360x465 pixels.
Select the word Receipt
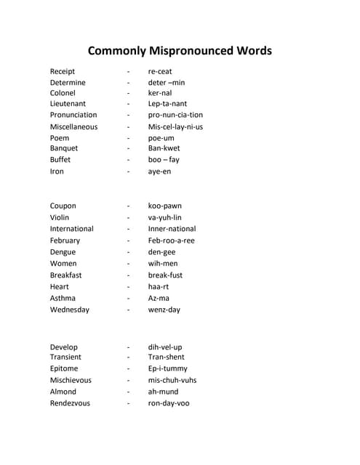(63, 71)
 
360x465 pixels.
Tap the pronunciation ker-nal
(160, 93)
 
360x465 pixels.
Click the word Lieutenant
(68, 104)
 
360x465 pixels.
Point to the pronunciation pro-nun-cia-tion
(175, 115)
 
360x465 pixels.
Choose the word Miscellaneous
(73, 126)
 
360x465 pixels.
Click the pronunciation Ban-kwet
(164, 148)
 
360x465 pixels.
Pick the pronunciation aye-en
(160, 171)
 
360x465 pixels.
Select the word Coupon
(63, 206)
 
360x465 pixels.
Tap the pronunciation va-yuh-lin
(165, 217)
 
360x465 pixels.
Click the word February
(65, 240)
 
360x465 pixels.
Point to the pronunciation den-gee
(162, 252)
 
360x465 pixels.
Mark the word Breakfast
(65, 275)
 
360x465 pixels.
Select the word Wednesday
(70, 310)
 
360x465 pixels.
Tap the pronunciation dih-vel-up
(165, 347)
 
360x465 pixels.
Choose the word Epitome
(64, 368)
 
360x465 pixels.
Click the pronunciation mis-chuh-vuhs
(172, 380)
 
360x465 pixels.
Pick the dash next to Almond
(128, 392)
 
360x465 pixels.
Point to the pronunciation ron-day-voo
(169, 403)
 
